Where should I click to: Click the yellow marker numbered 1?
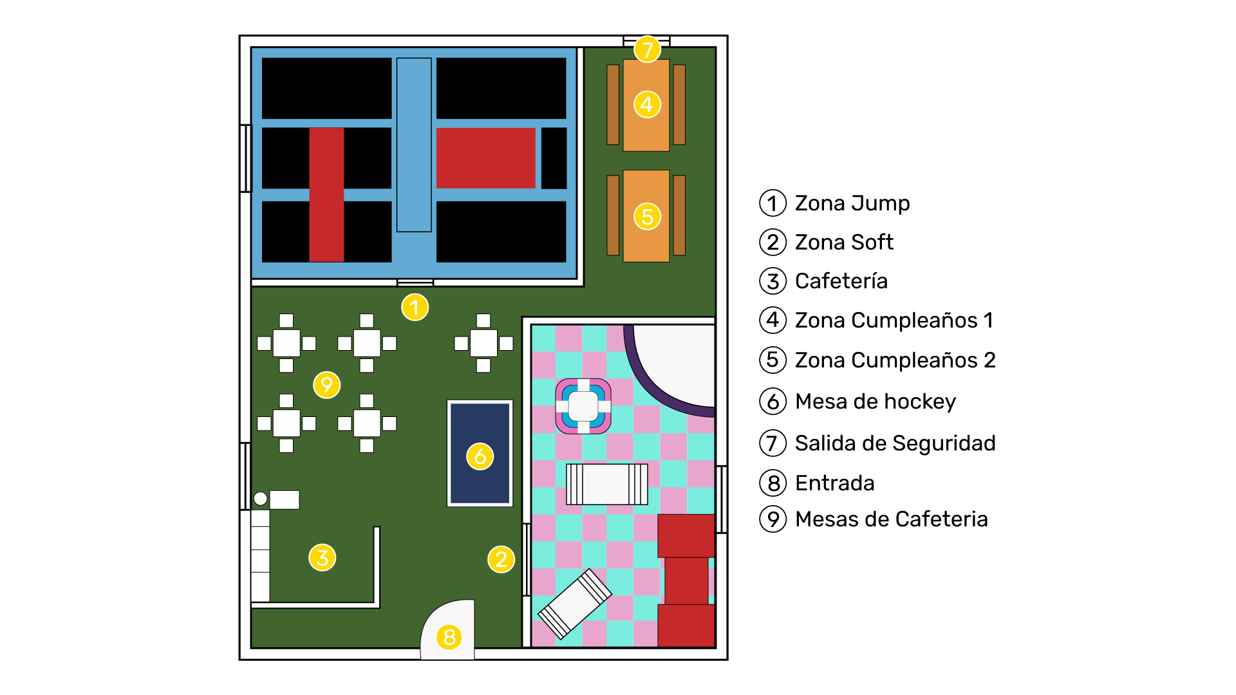click(x=415, y=308)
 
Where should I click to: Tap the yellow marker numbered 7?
click(x=647, y=49)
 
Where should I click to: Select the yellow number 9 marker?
click(x=326, y=385)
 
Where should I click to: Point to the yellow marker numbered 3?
click(x=322, y=557)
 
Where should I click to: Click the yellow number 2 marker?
click(x=501, y=559)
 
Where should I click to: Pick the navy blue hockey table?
click(x=480, y=453)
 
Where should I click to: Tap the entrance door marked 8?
click(x=448, y=631)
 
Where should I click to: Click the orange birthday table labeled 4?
click(x=646, y=105)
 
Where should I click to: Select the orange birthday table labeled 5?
click(x=646, y=216)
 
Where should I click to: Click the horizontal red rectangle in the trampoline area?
click(x=486, y=158)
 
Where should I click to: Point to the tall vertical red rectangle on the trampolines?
click(x=326, y=195)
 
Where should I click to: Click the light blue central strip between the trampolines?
click(x=414, y=145)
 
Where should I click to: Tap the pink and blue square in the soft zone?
click(x=583, y=406)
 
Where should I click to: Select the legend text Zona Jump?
click(x=852, y=203)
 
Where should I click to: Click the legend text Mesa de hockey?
click(x=876, y=402)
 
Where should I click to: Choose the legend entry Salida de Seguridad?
click(x=895, y=443)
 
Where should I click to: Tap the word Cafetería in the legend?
click(x=841, y=281)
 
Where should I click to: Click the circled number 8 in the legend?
click(x=773, y=483)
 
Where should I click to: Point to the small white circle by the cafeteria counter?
click(x=260, y=499)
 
